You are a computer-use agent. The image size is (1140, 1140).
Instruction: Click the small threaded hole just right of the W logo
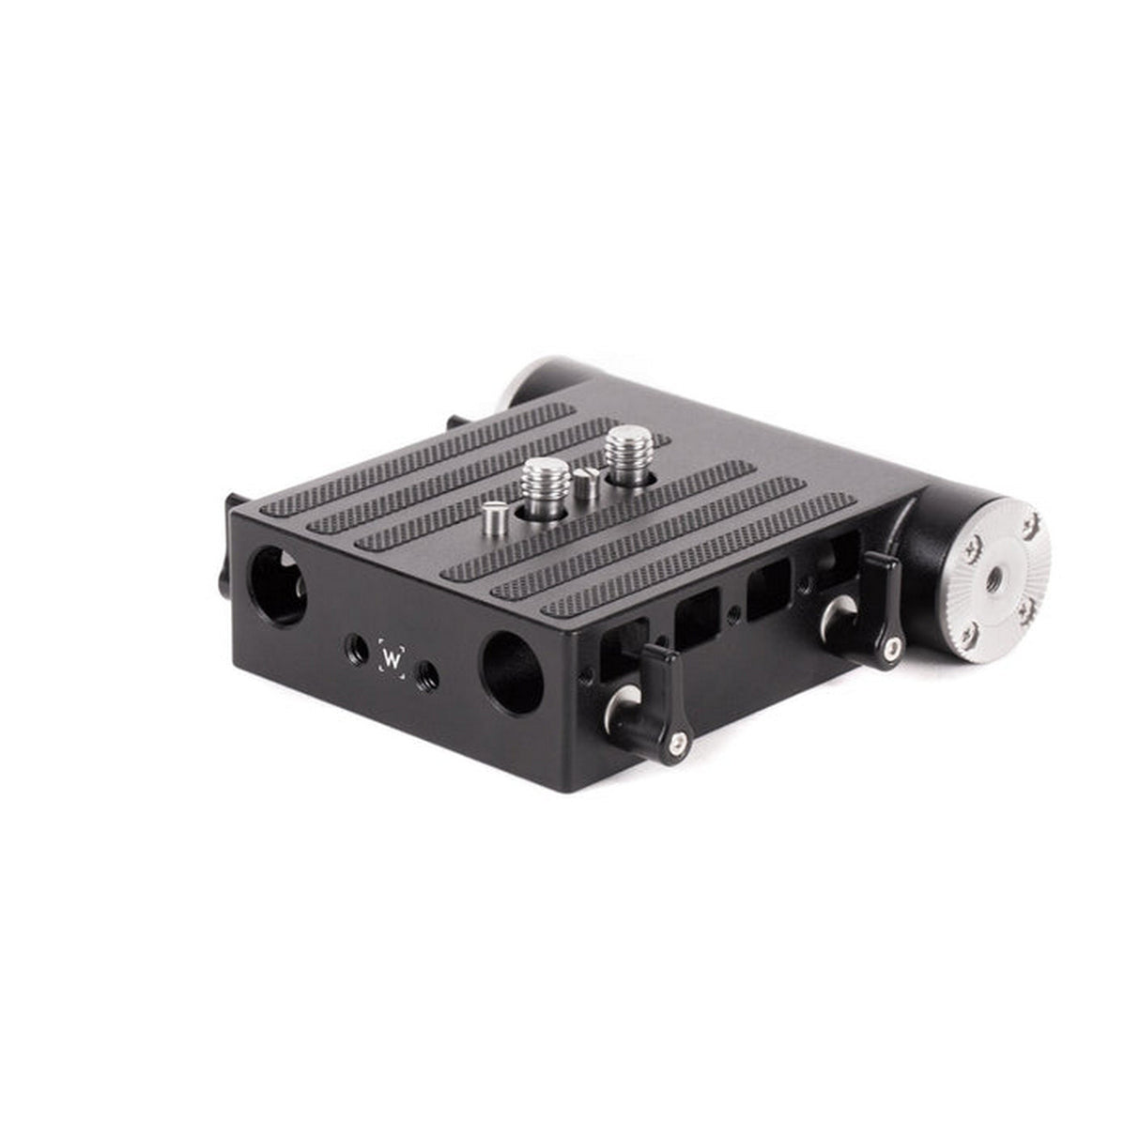click(429, 672)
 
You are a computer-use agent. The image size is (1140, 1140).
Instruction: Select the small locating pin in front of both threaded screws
click(497, 517)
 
